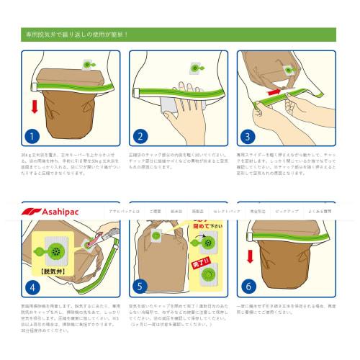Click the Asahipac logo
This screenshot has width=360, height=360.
[48, 211]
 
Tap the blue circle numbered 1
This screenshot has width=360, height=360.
[30, 135]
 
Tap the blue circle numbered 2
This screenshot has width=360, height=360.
[140, 135]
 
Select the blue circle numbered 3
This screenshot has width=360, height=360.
[249, 135]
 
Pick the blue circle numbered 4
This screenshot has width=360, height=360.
[30, 287]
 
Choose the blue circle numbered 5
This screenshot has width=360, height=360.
[140, 287]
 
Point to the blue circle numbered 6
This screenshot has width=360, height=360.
[249, 287]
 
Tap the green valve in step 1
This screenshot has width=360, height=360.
[86, 66]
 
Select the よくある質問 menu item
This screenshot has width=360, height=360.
[317, 212]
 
